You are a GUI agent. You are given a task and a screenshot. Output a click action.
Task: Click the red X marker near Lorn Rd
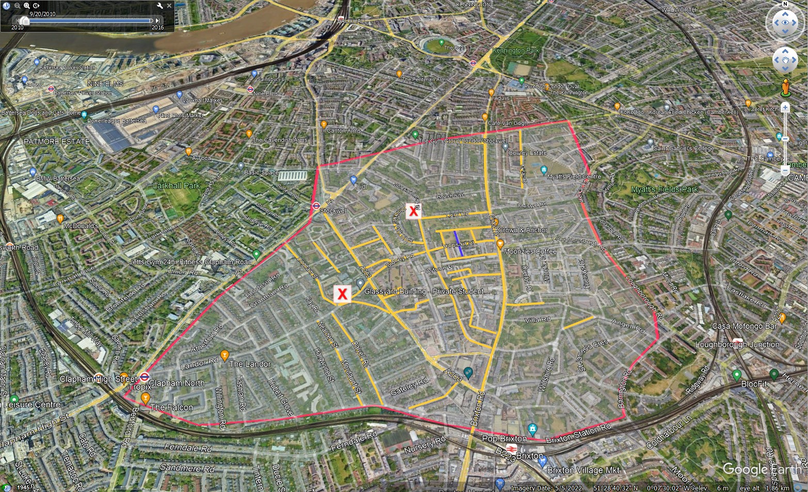point(413,211)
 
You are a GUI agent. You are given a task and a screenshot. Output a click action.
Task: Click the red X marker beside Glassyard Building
point(342,294)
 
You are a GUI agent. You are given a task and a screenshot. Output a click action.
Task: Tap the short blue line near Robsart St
point(458,243)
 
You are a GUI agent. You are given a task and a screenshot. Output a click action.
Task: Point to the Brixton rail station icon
point(512,448)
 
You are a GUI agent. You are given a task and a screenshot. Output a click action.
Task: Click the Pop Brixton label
point(504,439)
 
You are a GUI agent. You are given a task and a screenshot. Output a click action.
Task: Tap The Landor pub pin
point(224,355)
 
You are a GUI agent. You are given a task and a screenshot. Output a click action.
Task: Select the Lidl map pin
point(353,180)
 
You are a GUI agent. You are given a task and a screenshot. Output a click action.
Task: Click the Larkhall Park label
point(176,185)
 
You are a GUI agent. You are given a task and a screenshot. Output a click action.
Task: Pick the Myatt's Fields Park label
point(664,189)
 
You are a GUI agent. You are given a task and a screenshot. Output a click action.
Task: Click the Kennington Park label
point(515,51)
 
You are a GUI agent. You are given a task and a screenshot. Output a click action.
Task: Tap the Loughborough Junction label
point(737,344)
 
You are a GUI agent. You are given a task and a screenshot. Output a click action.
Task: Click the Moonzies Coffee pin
point(499,244)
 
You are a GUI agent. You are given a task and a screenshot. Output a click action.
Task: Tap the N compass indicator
point(785,4)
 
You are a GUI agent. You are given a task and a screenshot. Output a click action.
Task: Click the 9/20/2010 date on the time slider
point(42,14)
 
